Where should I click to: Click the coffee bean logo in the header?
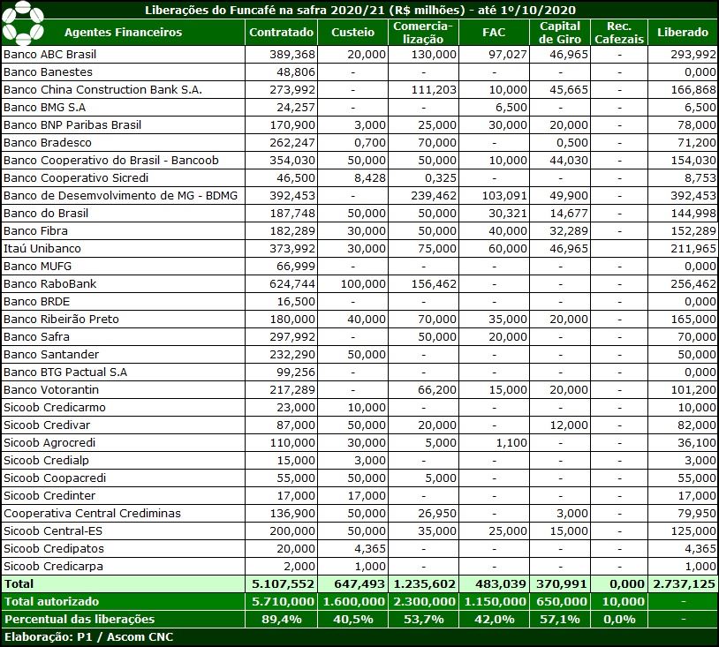[22, 23]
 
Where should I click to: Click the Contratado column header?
[281, 32]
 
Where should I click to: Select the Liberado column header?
[682, 32]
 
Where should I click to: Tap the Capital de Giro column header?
[560, 33]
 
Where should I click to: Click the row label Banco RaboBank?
[50, 283]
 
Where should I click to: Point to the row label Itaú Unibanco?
[42, 248]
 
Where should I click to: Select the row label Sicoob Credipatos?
[54, 548]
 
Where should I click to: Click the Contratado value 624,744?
[292, 284]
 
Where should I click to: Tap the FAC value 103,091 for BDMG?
[504, 196]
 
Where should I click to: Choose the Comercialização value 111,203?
[434, 90]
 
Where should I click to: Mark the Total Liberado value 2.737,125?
[685, 583]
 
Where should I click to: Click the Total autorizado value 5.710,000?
[283, 601]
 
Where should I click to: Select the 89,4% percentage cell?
[282, 619]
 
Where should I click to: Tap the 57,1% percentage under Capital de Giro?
[560, 619]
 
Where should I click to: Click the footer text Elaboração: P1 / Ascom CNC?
[88, 637]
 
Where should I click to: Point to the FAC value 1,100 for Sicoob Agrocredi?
[511, 442]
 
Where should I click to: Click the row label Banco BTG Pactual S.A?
[65, 372]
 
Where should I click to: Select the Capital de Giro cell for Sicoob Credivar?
[569, 425]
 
